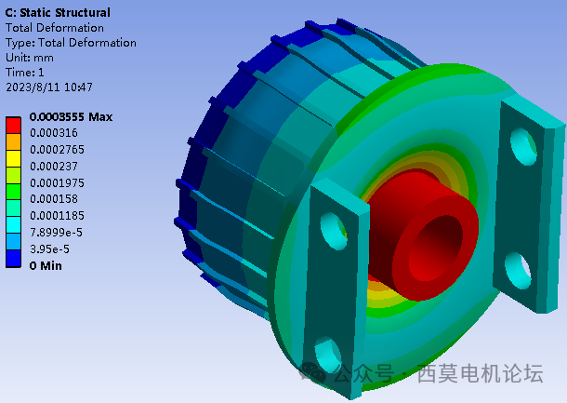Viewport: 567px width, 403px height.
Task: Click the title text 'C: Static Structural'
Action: click(58, 13)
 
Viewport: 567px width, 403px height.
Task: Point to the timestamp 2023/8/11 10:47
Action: click(49, 87)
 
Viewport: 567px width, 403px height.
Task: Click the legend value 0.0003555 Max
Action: click(71, 117)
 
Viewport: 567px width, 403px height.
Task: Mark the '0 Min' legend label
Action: click(46, 265)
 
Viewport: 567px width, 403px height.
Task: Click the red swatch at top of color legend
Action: click(14, 124)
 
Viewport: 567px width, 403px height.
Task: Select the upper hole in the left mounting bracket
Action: click(330, 226)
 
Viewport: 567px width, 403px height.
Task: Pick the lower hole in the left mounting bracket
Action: click(326, 354)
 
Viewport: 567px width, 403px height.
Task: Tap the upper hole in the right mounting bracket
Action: click(523, 142)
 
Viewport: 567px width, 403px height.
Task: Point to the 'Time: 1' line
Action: click(26, 73)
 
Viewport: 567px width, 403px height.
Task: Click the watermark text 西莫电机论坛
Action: click(480, 374)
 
